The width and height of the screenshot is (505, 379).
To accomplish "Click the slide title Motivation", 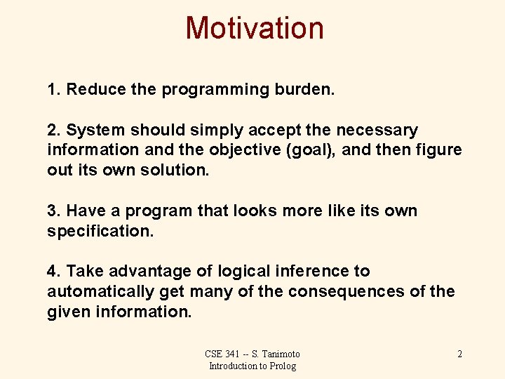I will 255,29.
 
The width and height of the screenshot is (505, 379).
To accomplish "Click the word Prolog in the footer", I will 282,366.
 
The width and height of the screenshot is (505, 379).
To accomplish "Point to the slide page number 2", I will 459,354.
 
